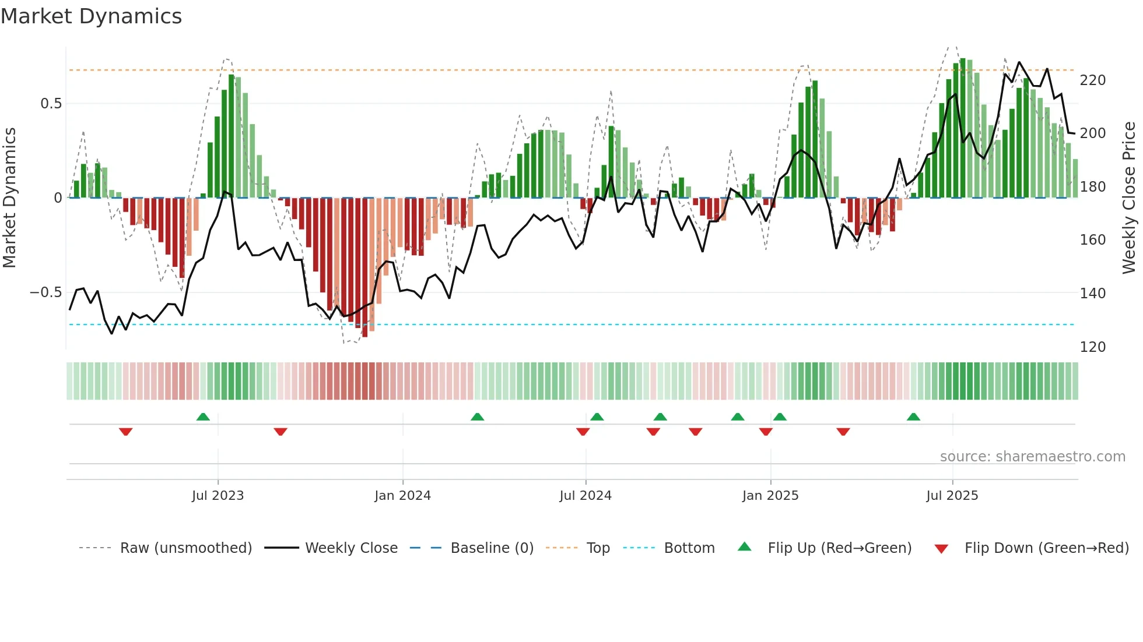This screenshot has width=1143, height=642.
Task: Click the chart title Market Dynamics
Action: [91, 16]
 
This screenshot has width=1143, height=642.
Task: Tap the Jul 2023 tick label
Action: [218, 496]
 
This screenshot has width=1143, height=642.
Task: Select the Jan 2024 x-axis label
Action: [402, 496]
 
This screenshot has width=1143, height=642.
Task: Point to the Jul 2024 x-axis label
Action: [585, 496]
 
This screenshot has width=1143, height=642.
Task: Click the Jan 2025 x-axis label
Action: [770, 496]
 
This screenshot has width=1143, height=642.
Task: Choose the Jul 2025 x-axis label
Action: [952, 496]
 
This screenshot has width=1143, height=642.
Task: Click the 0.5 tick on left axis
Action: [51, 104]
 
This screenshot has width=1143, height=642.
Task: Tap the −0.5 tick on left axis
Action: [46, 292]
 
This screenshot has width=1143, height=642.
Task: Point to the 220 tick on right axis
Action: [1093, 80]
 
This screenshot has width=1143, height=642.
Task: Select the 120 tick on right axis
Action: [1093, 347]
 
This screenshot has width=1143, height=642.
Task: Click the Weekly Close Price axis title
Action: [1130, 198]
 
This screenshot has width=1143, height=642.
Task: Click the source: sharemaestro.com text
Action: [1032, 457]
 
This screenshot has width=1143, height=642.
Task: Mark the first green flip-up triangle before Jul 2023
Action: [203, 417]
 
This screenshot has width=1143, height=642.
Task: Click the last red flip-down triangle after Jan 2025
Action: [843, 432]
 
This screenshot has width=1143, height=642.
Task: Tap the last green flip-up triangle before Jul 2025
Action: [914, 417]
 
